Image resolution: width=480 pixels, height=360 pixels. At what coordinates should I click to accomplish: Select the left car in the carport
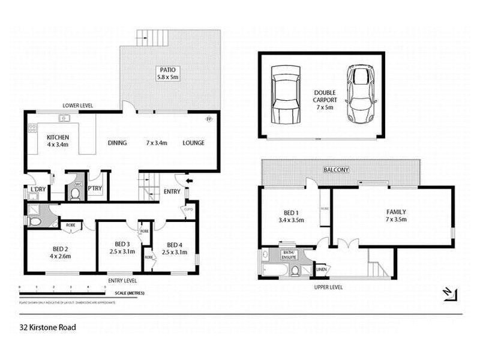(284, 94)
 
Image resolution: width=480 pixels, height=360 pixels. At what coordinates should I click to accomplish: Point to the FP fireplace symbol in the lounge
(209, 119)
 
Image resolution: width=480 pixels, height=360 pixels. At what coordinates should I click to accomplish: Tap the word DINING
(116, 143)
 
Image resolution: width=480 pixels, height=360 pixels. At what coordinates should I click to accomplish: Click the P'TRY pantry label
(95, 188)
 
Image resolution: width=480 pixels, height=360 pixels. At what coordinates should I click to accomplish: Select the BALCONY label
(336, 170)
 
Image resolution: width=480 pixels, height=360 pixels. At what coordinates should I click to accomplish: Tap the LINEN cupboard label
(322, 269)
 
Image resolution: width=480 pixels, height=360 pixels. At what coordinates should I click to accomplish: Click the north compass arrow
(448, 293)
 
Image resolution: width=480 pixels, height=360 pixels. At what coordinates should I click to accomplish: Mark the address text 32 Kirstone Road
(47, 328)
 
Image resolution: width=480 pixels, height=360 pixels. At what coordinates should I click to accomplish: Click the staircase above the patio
(149, 39)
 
